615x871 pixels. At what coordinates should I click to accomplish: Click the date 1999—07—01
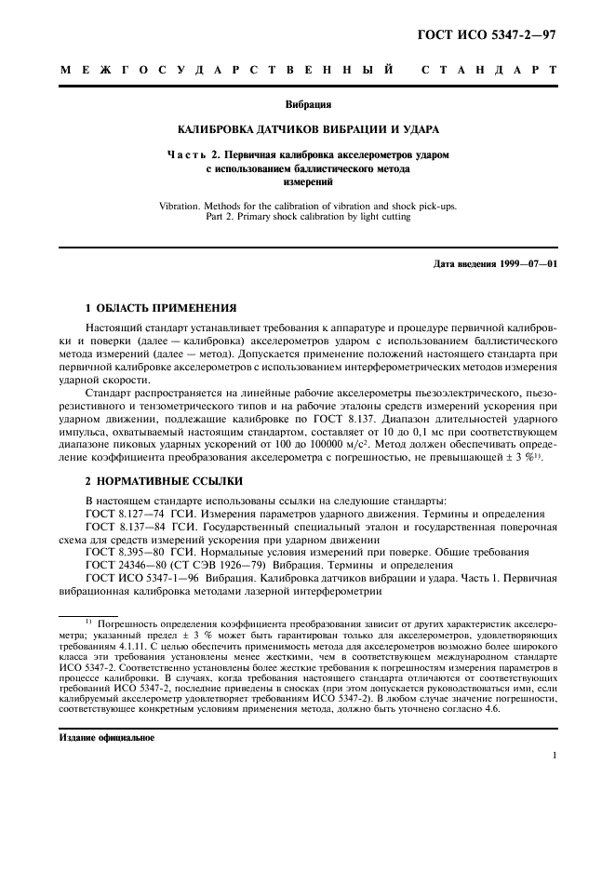529,264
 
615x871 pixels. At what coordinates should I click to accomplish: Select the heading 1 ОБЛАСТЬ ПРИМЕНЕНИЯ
161,306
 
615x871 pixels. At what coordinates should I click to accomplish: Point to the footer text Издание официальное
105,737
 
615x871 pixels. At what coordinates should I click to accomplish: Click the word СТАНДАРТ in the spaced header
488,71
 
